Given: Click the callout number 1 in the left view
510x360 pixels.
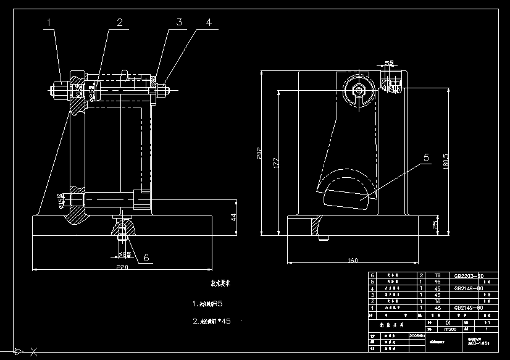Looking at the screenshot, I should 49,23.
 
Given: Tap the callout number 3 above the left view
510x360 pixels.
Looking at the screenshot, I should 179,23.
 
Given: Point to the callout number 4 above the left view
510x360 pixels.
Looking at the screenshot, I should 209,23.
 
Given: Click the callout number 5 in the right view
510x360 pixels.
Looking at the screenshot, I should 427,158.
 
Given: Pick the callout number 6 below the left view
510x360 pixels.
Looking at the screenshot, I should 146,257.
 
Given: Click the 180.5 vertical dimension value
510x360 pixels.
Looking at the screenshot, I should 446,162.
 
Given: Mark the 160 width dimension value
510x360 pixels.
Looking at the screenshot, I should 352,261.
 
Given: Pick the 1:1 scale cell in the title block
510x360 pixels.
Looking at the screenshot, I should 487,322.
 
